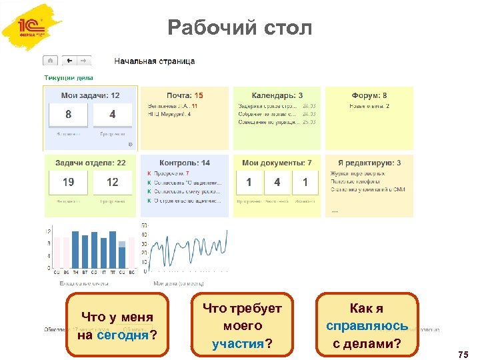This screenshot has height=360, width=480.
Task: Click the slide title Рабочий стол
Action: coord(239,29)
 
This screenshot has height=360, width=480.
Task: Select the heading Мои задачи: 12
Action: coord(91,96)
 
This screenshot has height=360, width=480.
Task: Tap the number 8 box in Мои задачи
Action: coord(68,115)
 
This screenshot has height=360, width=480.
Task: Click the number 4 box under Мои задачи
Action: coord(112,115)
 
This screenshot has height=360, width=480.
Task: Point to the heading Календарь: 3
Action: coord(277,96)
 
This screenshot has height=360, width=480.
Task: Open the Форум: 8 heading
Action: coord(369,96)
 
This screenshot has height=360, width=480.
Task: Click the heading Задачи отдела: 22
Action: coord(91,163)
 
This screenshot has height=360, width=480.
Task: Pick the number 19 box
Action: coord(68,182)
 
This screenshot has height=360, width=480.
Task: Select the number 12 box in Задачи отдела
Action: coord(112,182)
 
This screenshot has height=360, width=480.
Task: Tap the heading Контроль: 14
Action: coord(184,163)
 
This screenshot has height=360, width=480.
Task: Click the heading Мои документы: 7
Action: coord(277,163)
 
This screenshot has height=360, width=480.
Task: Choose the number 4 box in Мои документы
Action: coord(277,182)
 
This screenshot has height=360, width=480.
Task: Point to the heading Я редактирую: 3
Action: coord(369,163)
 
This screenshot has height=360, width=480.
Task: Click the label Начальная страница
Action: coord(155,61)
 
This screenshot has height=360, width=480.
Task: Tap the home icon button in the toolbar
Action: coord(51,61)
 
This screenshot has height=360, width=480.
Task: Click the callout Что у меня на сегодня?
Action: coord(117,325)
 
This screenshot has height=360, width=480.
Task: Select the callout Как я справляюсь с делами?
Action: coord(367,325)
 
